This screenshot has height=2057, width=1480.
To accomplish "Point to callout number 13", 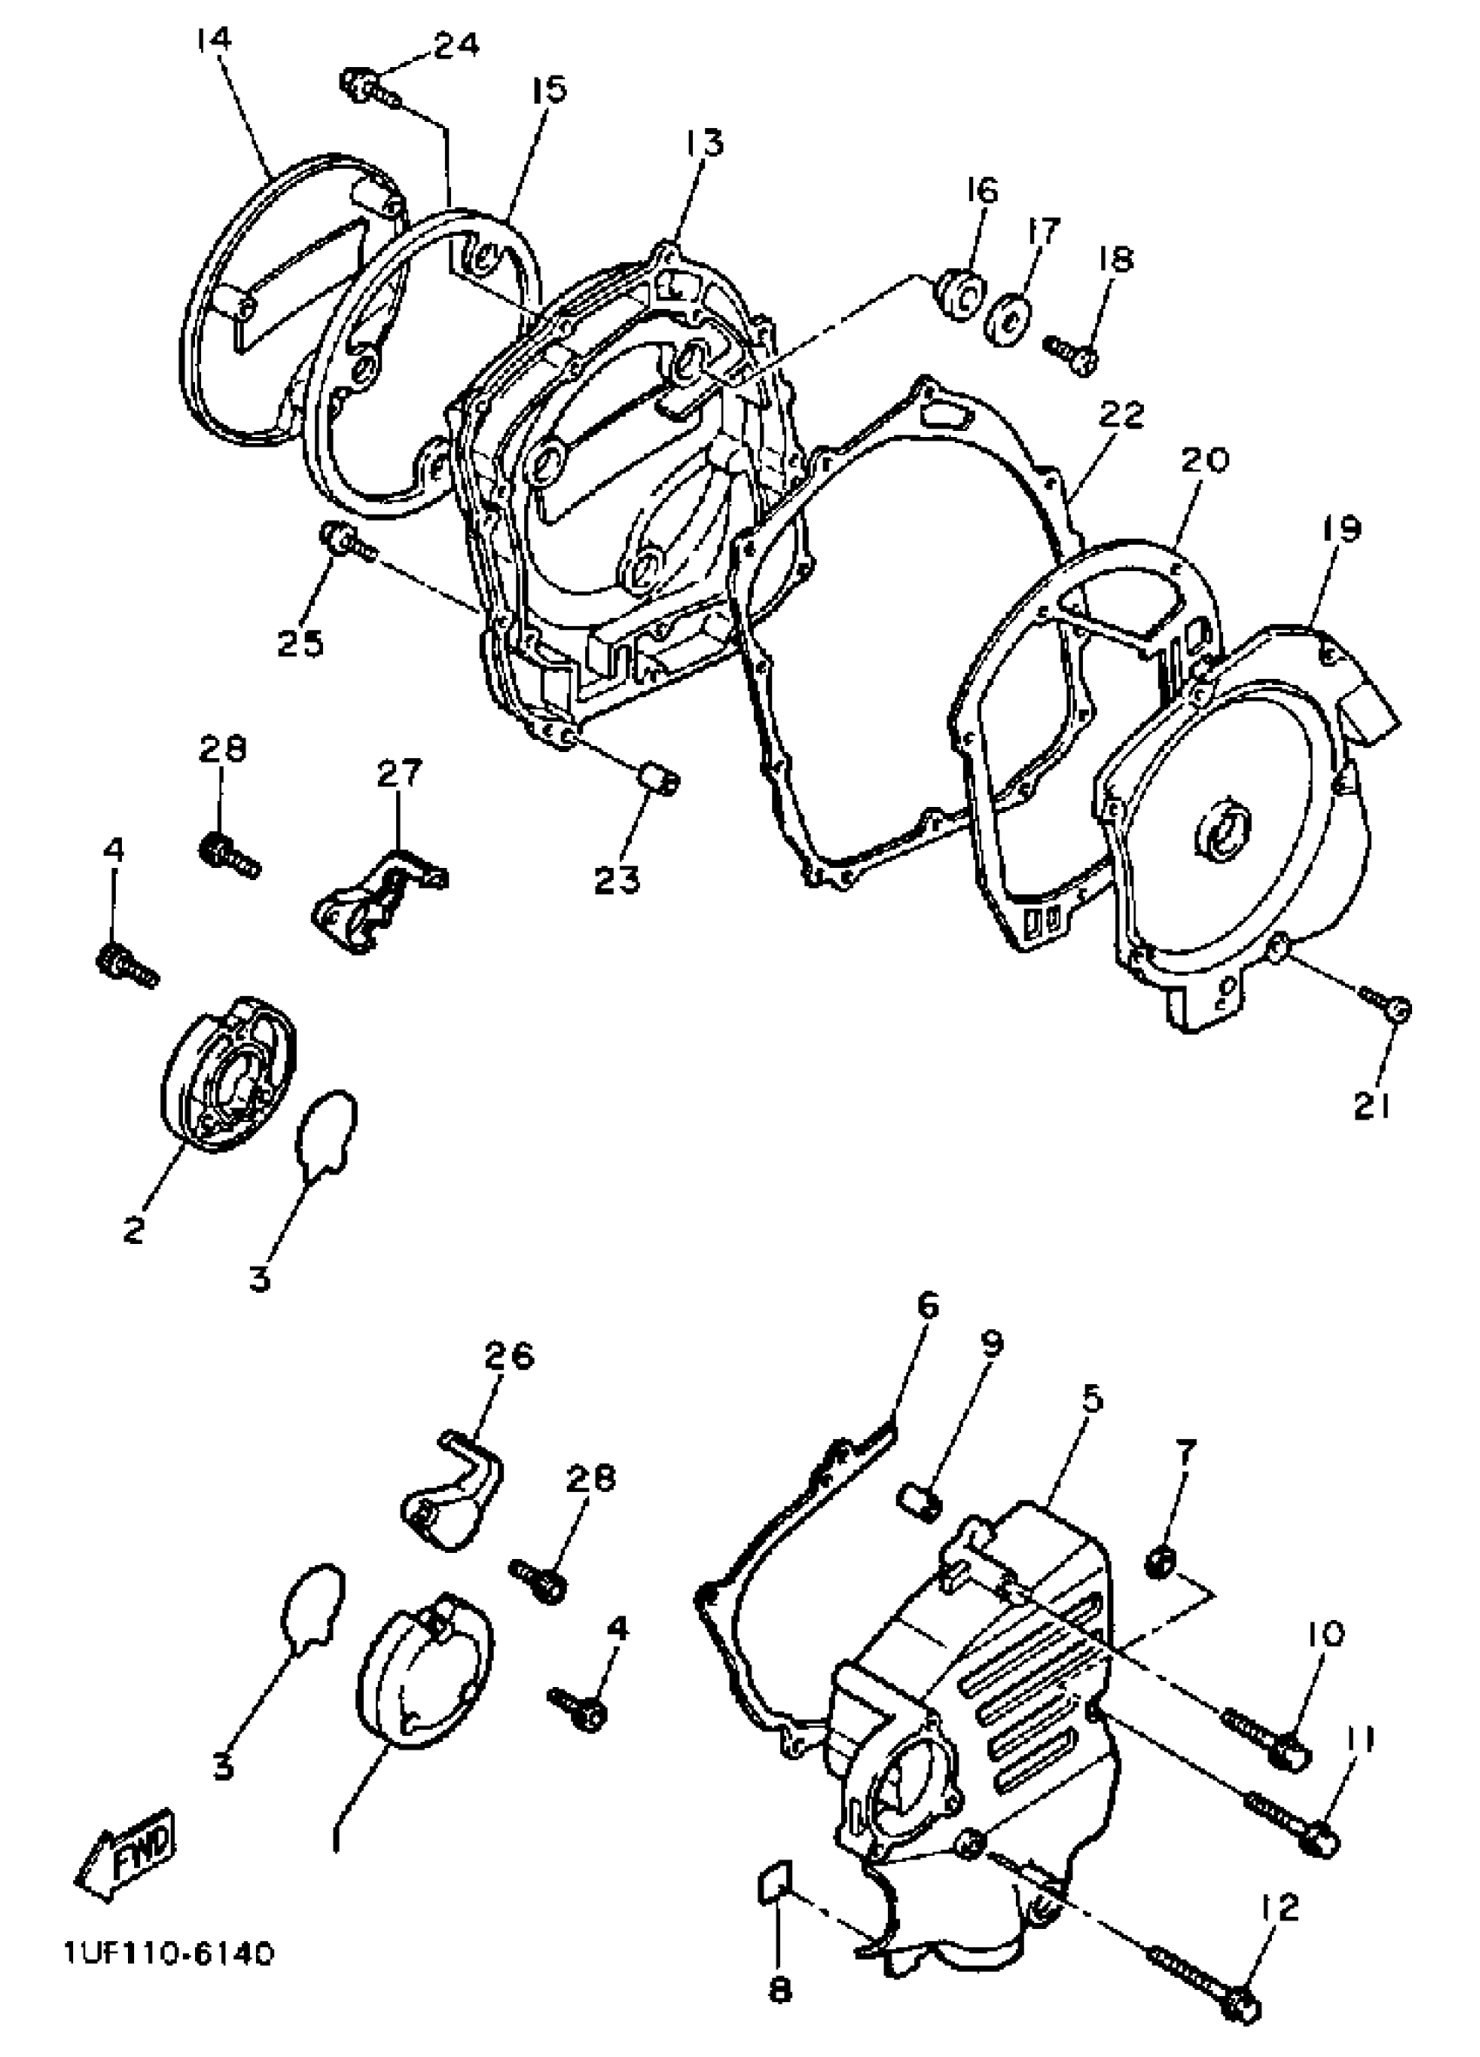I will (703, 144).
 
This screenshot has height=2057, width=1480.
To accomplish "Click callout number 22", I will (1122, 415).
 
